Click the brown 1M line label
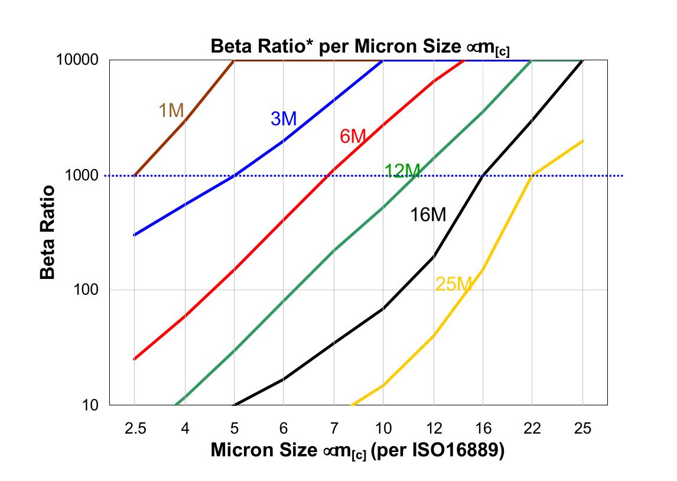point(171,110)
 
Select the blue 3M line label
point(284,118)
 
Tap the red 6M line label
point(353,136)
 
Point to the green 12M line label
point(402,171)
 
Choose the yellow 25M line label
point(453,285)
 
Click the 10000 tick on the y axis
point(81,60)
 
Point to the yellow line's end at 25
point(583,141)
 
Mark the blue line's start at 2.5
point(135,235)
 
